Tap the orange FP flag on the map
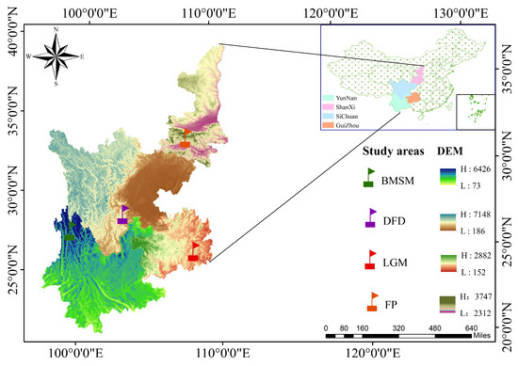[186, 138]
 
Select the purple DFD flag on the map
[123, 214]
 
